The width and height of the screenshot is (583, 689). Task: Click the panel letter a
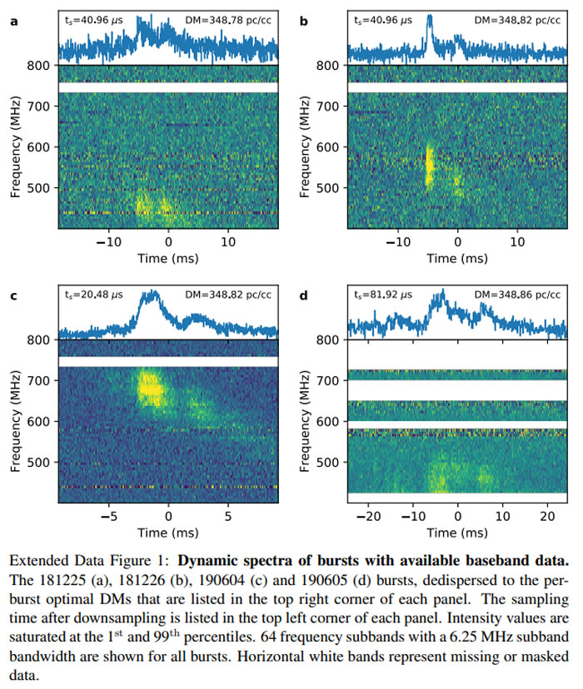[x=12, y=17]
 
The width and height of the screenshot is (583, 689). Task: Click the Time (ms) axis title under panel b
[x=457, y=258]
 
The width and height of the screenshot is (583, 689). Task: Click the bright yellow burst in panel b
[x=430, y=166]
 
